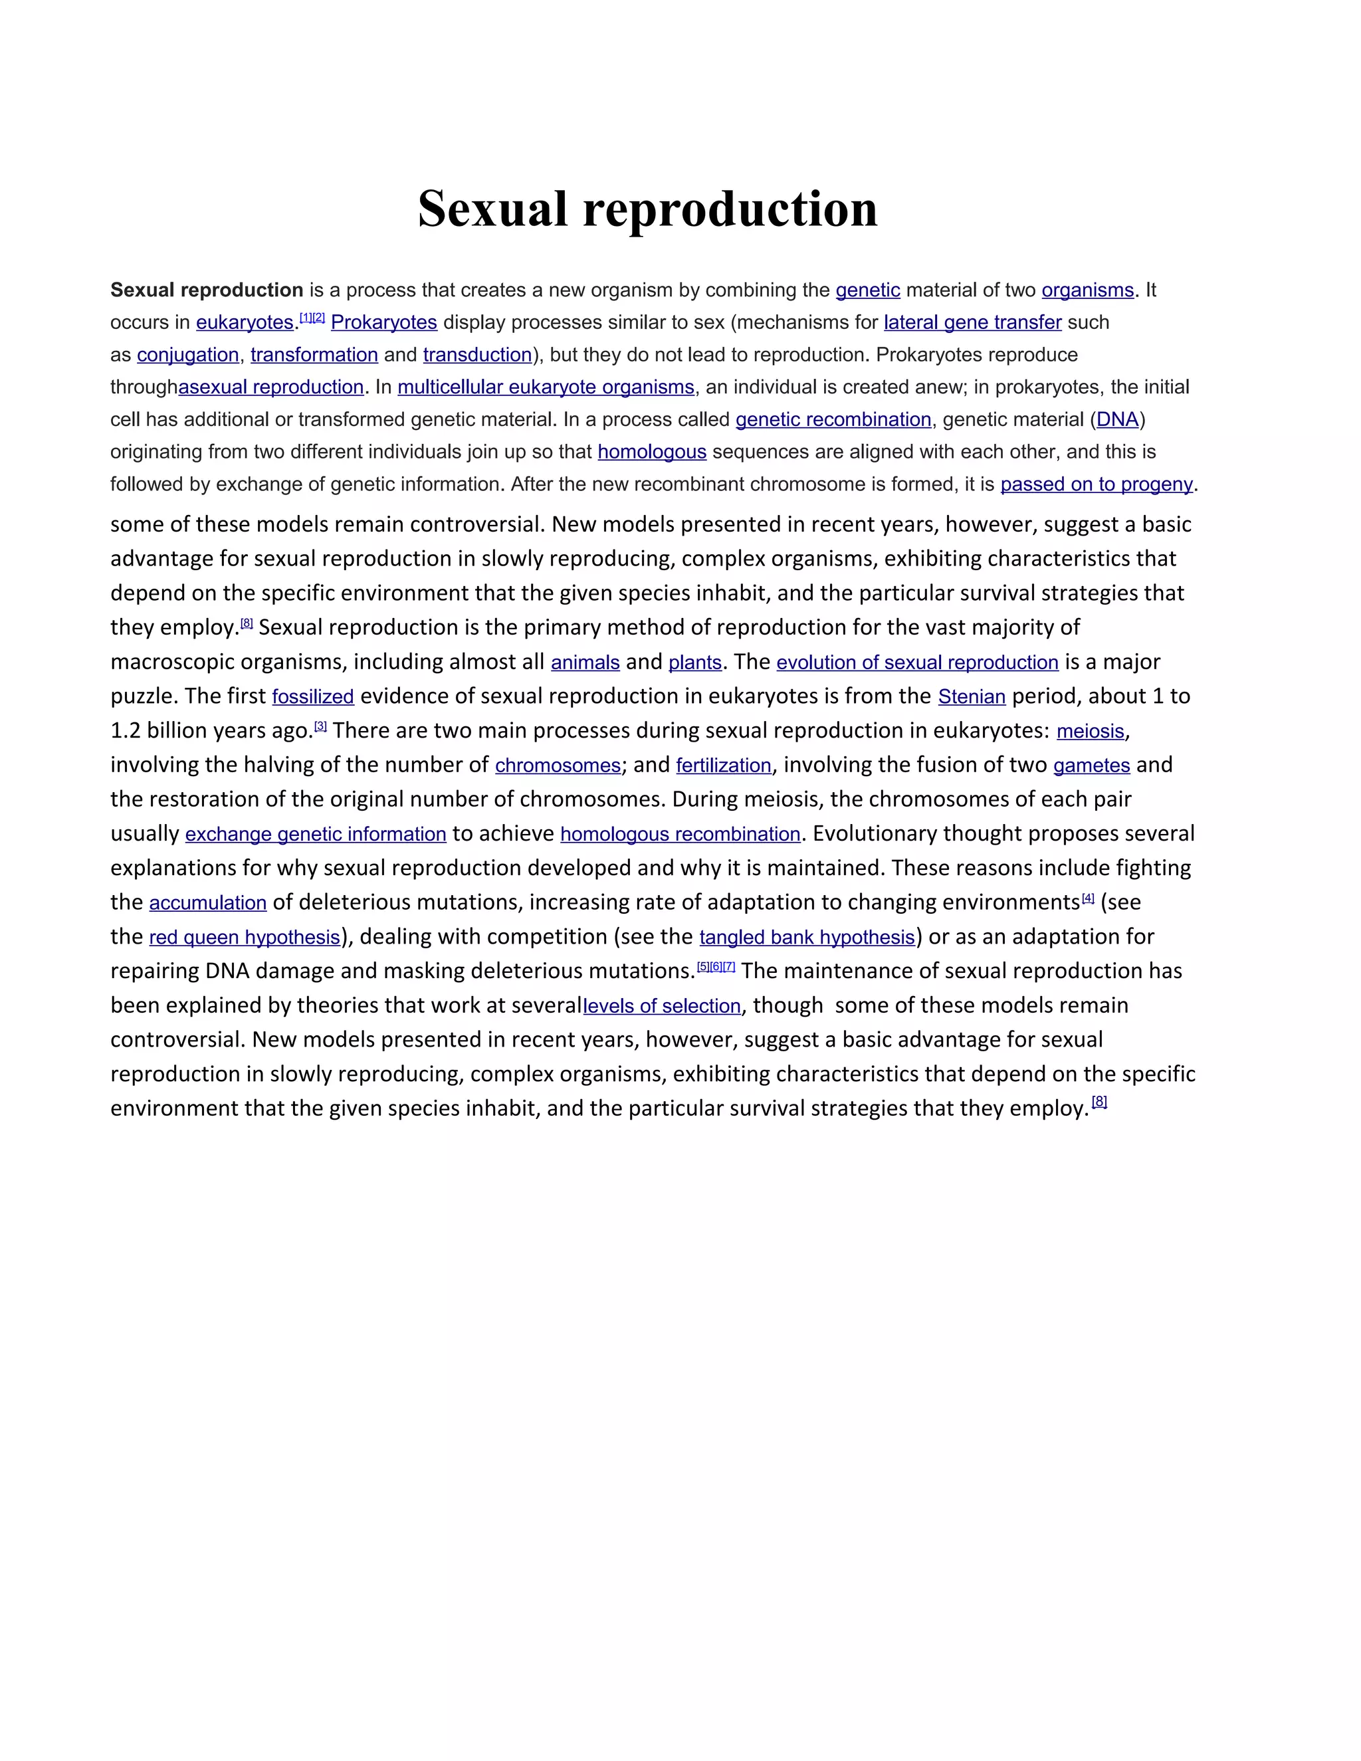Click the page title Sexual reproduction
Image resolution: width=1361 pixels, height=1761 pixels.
[647, 209]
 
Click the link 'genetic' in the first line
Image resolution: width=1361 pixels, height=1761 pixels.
[867, 290]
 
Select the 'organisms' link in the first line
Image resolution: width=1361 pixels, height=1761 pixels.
[1088, 290]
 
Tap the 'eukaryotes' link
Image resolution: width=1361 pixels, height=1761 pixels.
[245, 322]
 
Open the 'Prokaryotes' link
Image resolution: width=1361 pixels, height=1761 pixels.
[384, 322]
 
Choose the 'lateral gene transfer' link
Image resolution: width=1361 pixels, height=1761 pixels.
[972, 322]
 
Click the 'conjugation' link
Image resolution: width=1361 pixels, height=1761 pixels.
[188, 355]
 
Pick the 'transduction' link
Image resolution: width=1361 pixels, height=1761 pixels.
[477, 355]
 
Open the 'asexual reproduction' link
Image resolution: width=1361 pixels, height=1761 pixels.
[271, 387]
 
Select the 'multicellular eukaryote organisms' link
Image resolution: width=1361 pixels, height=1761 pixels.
[546, 387]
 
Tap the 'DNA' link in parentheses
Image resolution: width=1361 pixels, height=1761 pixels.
[1118, 419]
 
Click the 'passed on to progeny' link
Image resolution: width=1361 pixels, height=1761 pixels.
[1097, 484]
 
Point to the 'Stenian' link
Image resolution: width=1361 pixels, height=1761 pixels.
[972, 696]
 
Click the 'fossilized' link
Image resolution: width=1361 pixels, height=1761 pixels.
[313, 696]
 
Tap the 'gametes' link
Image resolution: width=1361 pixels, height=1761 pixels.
[1092, 765]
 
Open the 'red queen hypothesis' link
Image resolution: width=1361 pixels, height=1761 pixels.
[245, 938]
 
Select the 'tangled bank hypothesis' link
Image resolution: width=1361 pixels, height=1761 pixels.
[807, 938]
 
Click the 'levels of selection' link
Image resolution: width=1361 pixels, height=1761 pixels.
[662, 1006]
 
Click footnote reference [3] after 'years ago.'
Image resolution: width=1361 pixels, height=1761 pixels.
[320, 726]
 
